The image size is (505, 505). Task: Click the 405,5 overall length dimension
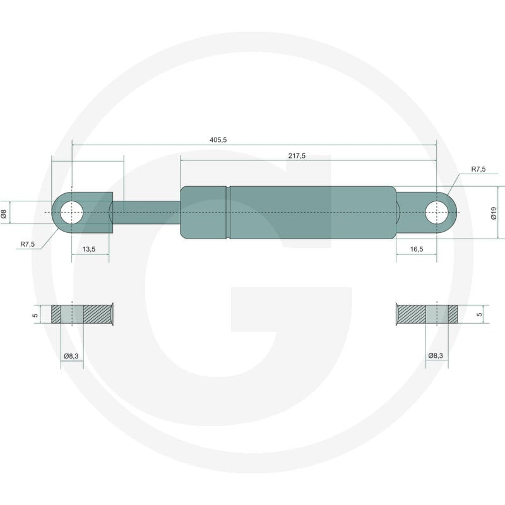coord(218,140)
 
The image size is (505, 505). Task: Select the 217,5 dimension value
coord(297,156)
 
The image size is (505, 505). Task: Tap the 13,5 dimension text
coord(89,249)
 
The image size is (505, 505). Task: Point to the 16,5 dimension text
coord(417,249)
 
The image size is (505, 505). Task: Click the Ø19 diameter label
coord(494,213)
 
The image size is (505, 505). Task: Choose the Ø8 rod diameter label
coord(4,213)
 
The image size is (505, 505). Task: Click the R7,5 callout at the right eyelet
coord(478,169)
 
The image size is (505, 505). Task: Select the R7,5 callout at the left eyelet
coord(27,244)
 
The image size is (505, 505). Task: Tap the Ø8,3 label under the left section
coord(71,356)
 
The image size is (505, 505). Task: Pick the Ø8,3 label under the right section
coord(436,355)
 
